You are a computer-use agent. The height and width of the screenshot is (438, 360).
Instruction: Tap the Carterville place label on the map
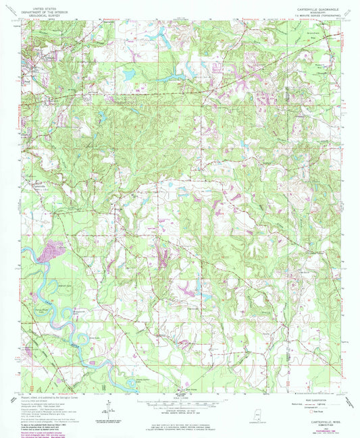click(40, 187)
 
